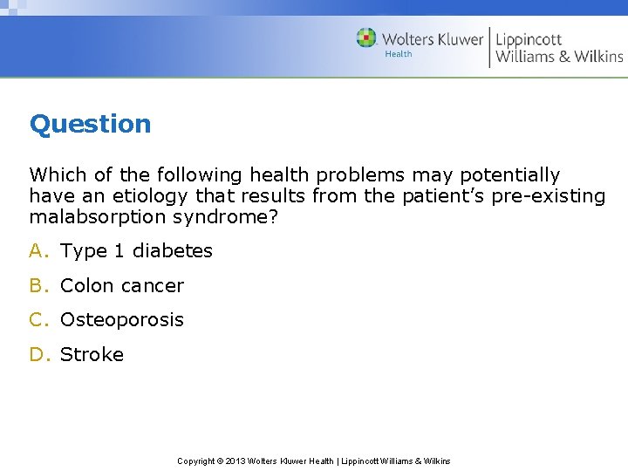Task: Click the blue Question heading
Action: (90, 124)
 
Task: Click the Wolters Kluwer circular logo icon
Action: (366, 38)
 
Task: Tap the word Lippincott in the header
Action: (529, 38)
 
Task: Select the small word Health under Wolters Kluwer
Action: (398, 54)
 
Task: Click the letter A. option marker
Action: (39, 251)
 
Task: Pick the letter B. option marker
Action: (39, 286)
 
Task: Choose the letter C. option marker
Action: (39, 320)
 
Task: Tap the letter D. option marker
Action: (39, 355)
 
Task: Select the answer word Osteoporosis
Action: (122, 320)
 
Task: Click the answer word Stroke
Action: (92, 355)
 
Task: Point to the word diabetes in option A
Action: (172, 251)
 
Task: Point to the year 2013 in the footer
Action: (235, 461)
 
